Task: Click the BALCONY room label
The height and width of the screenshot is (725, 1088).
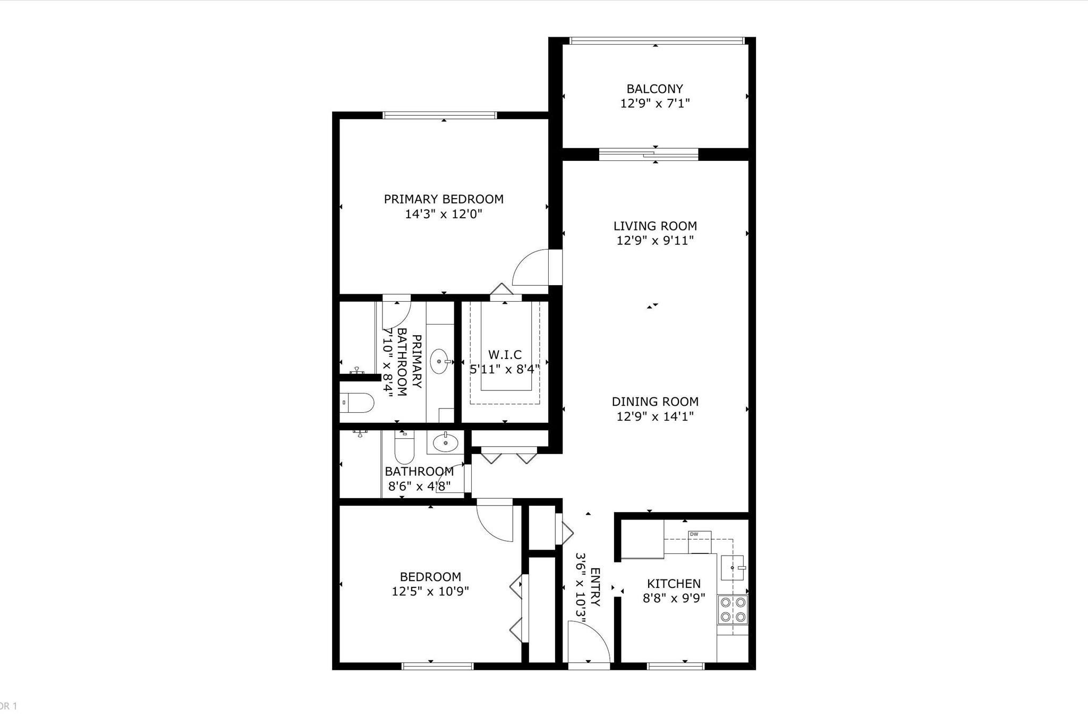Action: click(654, 89)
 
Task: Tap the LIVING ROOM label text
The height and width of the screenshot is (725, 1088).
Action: click(655, 226)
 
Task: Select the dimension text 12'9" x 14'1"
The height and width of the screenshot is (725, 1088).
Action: click(655, 416)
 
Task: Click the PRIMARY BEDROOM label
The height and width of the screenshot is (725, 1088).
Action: click(444, 199)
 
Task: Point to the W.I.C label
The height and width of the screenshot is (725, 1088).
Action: click(505, 354)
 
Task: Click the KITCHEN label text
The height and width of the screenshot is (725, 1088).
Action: click(674, 583)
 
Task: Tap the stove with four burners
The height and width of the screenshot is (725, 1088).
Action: click(733, 610)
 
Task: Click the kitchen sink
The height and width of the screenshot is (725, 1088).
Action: click(734, 568)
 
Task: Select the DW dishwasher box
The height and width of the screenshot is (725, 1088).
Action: click(699, 542)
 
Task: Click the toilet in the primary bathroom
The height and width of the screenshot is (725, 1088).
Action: click(356, 403)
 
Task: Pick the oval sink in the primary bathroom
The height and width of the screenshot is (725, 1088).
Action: click(439, 361)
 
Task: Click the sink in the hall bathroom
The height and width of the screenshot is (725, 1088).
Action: click(445, 442)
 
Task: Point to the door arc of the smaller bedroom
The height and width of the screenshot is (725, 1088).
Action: click(495, 521)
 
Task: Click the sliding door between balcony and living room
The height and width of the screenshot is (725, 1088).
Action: click(649, 154)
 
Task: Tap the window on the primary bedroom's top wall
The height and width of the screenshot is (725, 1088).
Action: click(439, 115)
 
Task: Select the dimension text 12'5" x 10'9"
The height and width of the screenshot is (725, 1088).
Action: click(430, 591)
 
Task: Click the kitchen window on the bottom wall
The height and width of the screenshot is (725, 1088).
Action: click(676, 666)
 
